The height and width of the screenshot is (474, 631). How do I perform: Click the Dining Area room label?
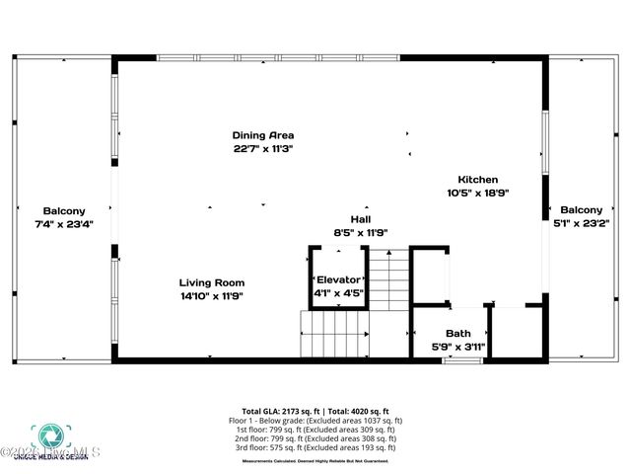click(263, 135)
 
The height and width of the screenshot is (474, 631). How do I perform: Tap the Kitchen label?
click(478, 180)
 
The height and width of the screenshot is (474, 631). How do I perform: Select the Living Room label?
click(211, 282)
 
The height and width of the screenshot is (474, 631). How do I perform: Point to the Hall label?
click(361, 219)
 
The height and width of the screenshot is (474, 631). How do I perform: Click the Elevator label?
click(338, 279)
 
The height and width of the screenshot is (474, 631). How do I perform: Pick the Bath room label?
click(458, 334)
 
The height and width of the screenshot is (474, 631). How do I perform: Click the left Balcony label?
click(64, 210)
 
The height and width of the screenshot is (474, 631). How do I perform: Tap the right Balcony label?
click(581, 209)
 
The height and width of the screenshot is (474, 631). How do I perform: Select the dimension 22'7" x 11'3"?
click(263, 148)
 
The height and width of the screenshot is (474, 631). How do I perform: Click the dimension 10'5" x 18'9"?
click(478, 194)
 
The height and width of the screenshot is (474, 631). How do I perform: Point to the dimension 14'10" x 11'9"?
click(211, 295)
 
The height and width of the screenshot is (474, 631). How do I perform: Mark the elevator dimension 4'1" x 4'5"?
click(338, 292)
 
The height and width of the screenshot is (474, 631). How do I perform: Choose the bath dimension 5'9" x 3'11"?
click(458, 347)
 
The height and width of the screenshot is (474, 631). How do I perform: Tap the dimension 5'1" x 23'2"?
click(581, 223)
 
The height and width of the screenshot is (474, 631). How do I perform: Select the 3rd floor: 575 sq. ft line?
click(315, 447)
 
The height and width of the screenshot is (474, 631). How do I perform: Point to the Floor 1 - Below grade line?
click(315, 421)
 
